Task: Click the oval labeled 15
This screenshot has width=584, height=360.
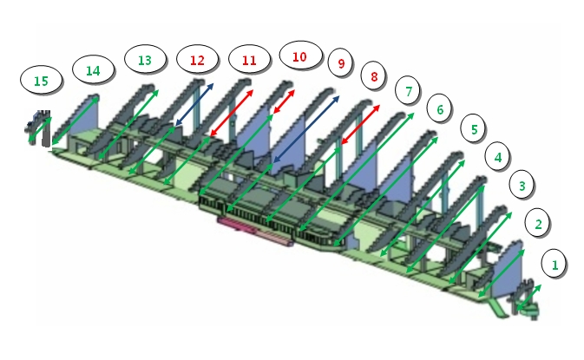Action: pyautogui.click(x=41, y=81)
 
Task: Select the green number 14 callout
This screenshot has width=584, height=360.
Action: pyautogui.click(x=93, y=70)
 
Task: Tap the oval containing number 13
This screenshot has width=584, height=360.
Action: pyautogui.click(x=145, y=60)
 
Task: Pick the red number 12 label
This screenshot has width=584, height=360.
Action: pyautogui.click(x=197, y=60)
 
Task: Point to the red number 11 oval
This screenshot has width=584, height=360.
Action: pyautogui.click(x=249, y=60)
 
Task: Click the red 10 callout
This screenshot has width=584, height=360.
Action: pyautogui.click(x=300, y=56)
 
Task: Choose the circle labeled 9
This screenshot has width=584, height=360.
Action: pyautogui.click(x=341, y=63)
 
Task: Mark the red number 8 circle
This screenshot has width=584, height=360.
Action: pyautogui.click(x=373, y=76)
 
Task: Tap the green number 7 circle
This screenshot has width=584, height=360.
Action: pyautogui.click(x=408, y=91)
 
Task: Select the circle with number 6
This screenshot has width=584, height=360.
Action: pyautogui.click(x=439, y=109)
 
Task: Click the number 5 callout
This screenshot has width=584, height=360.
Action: pyautogui.click(x=474, y=128)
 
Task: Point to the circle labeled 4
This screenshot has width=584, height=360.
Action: pyautogui.click(x=497, y=157)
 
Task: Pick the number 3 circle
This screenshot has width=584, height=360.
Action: pyautogui.click(x=522, y=186)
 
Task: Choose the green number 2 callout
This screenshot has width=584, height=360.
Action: pyautogui.click(x=538, y=224)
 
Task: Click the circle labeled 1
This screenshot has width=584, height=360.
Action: pyautogui.click(x=554, y=265)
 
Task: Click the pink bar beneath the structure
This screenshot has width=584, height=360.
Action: pyautogui.click(x=255, y=232)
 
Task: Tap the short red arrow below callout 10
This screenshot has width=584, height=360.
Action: pyautogui.click(x=284, y=101)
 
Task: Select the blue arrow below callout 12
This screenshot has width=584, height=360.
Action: pyautogui.click(x=194, y=105)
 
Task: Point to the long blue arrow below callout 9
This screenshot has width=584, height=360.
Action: pyautogui.click(x=306, y=129)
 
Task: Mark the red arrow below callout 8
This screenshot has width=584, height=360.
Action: pyautogui.click(x=360, y=124)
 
